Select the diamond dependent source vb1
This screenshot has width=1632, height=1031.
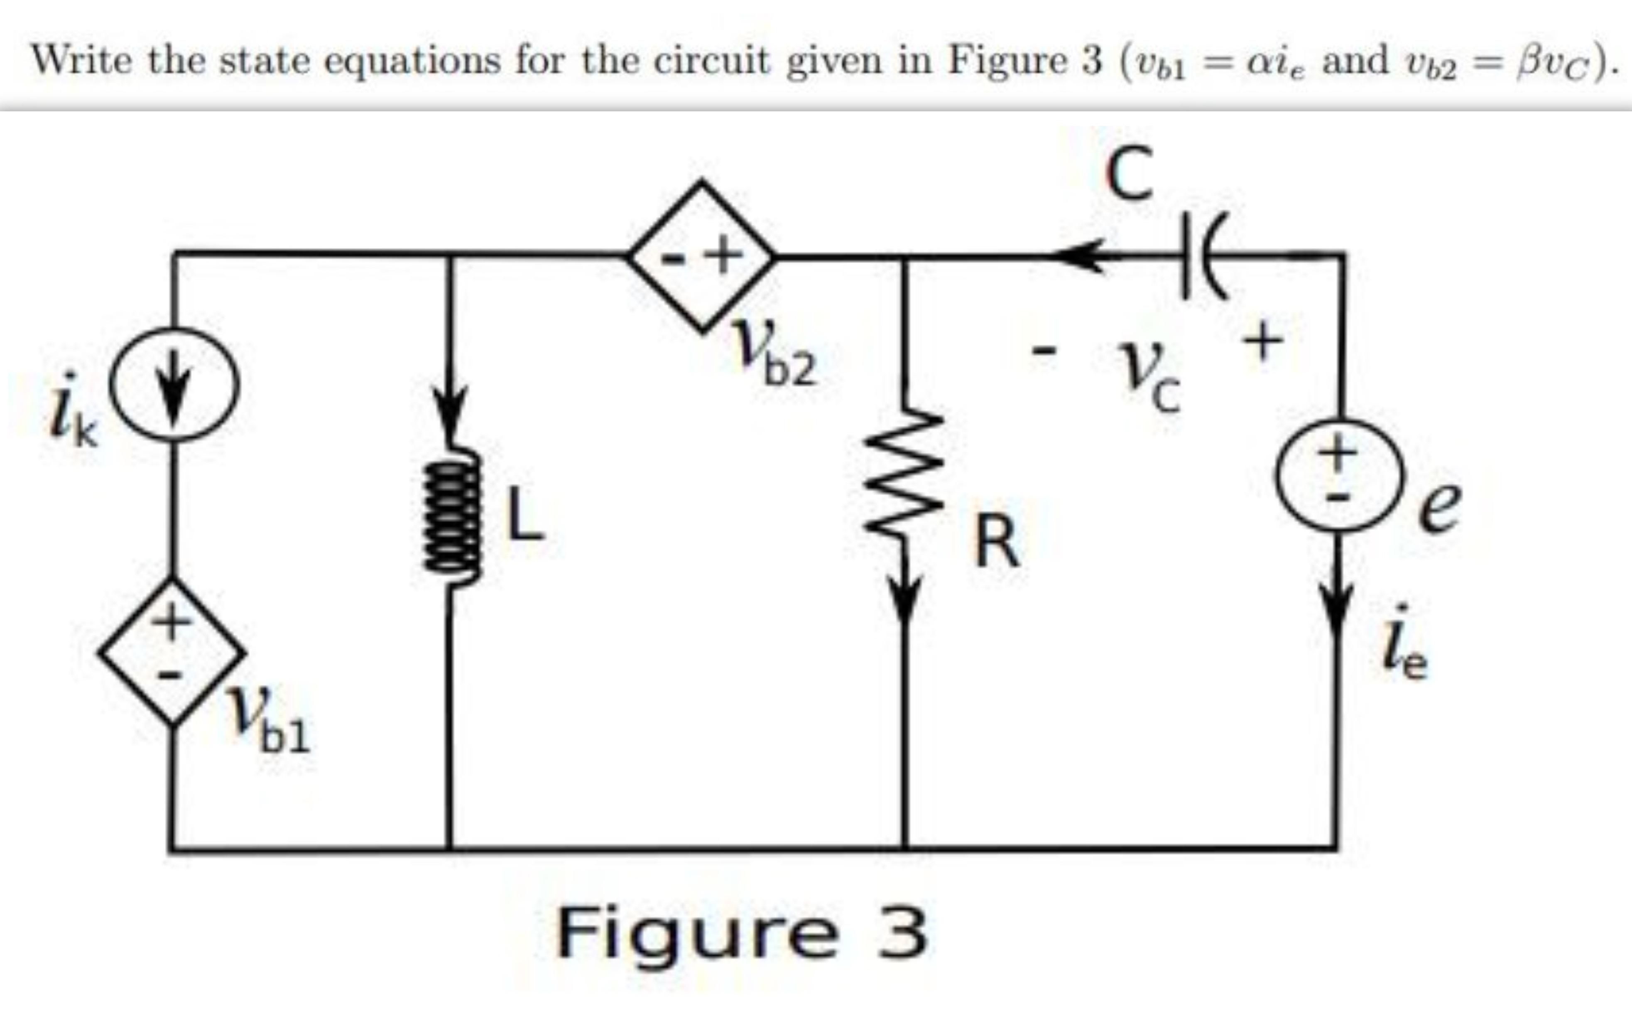[x=173, y=651]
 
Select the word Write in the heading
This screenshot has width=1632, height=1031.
[x=81, y=60]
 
